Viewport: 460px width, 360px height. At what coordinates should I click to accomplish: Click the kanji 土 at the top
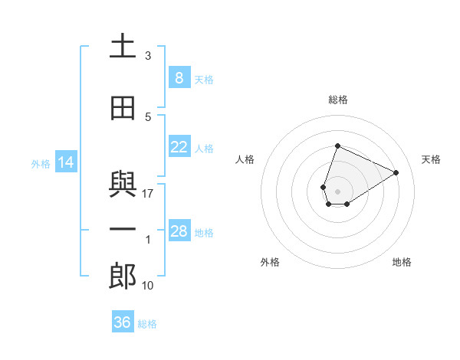(x=123, y=47)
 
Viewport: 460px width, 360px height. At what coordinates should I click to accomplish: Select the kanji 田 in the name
(x=123, y=109)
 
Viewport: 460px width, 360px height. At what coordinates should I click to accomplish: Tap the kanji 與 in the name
(x=123, y=185)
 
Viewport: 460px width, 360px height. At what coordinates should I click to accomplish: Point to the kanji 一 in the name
(x=123, y=231)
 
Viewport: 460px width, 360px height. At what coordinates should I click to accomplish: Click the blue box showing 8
(x=179, y=77)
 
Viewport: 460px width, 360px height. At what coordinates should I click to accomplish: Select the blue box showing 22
(x=179, y=147)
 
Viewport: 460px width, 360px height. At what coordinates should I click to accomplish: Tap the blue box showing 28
(x=179, y=231)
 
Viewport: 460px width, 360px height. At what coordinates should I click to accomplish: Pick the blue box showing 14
(x=65, y=162)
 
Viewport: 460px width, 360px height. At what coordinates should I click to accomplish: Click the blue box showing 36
(x=123, y=322)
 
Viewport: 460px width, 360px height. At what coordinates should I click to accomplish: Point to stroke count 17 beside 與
(x=148, y=194)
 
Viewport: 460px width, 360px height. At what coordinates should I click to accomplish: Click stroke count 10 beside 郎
(x=148, y=286)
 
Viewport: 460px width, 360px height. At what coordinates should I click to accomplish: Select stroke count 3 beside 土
(x=148, y=56)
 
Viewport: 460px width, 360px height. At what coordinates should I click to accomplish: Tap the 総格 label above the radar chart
(x=337, y=100)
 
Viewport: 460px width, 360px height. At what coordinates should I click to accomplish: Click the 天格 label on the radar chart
(x=431, y=159)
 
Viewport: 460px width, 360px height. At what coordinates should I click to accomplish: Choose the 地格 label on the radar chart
(x=402, y=262)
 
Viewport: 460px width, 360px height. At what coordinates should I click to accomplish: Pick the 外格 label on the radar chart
(x=270, y=262)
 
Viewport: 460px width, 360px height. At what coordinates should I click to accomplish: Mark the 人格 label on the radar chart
(x=245, y=159)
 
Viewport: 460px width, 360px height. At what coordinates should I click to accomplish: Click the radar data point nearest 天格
(x=396, y=172)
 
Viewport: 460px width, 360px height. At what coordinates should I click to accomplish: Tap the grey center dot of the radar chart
(x=337, y=191)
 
